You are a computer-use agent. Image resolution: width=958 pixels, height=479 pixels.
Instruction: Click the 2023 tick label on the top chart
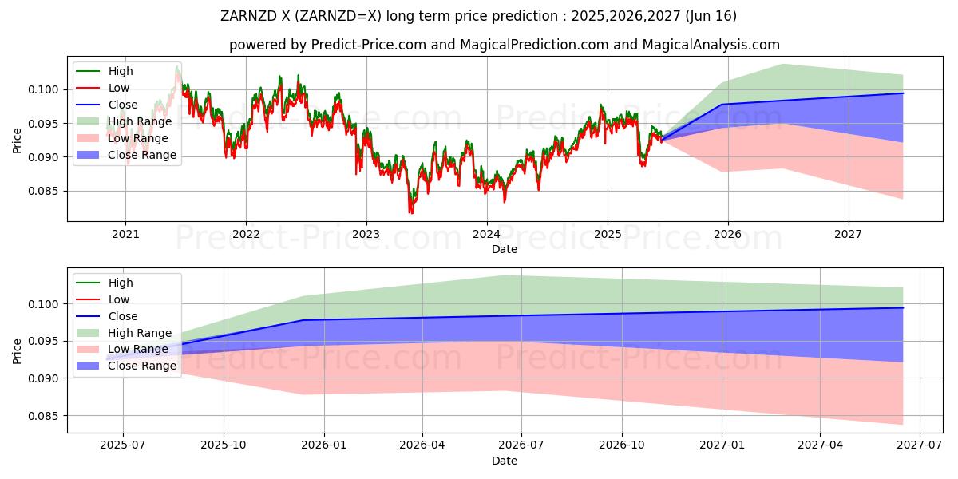(366, 234)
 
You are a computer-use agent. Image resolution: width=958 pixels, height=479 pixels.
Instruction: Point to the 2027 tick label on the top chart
(848, 234)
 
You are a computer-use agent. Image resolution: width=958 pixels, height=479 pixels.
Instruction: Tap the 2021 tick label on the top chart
(125, 234)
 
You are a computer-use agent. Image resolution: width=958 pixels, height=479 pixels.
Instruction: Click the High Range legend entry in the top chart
(139, 121)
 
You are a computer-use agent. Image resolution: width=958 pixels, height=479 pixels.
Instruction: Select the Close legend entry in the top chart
(122, 105)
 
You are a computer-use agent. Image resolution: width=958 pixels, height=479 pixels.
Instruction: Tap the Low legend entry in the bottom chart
(120, 299)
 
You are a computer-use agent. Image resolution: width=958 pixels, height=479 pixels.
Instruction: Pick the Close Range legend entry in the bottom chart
(141, 366)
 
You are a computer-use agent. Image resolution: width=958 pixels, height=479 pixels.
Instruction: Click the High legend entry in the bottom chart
(121, 283)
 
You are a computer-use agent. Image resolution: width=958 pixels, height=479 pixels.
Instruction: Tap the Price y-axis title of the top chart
(18, 140)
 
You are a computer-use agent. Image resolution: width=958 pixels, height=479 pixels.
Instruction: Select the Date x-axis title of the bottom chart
(505, 461)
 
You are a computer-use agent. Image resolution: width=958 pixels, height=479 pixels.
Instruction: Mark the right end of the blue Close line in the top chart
(903, 93)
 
